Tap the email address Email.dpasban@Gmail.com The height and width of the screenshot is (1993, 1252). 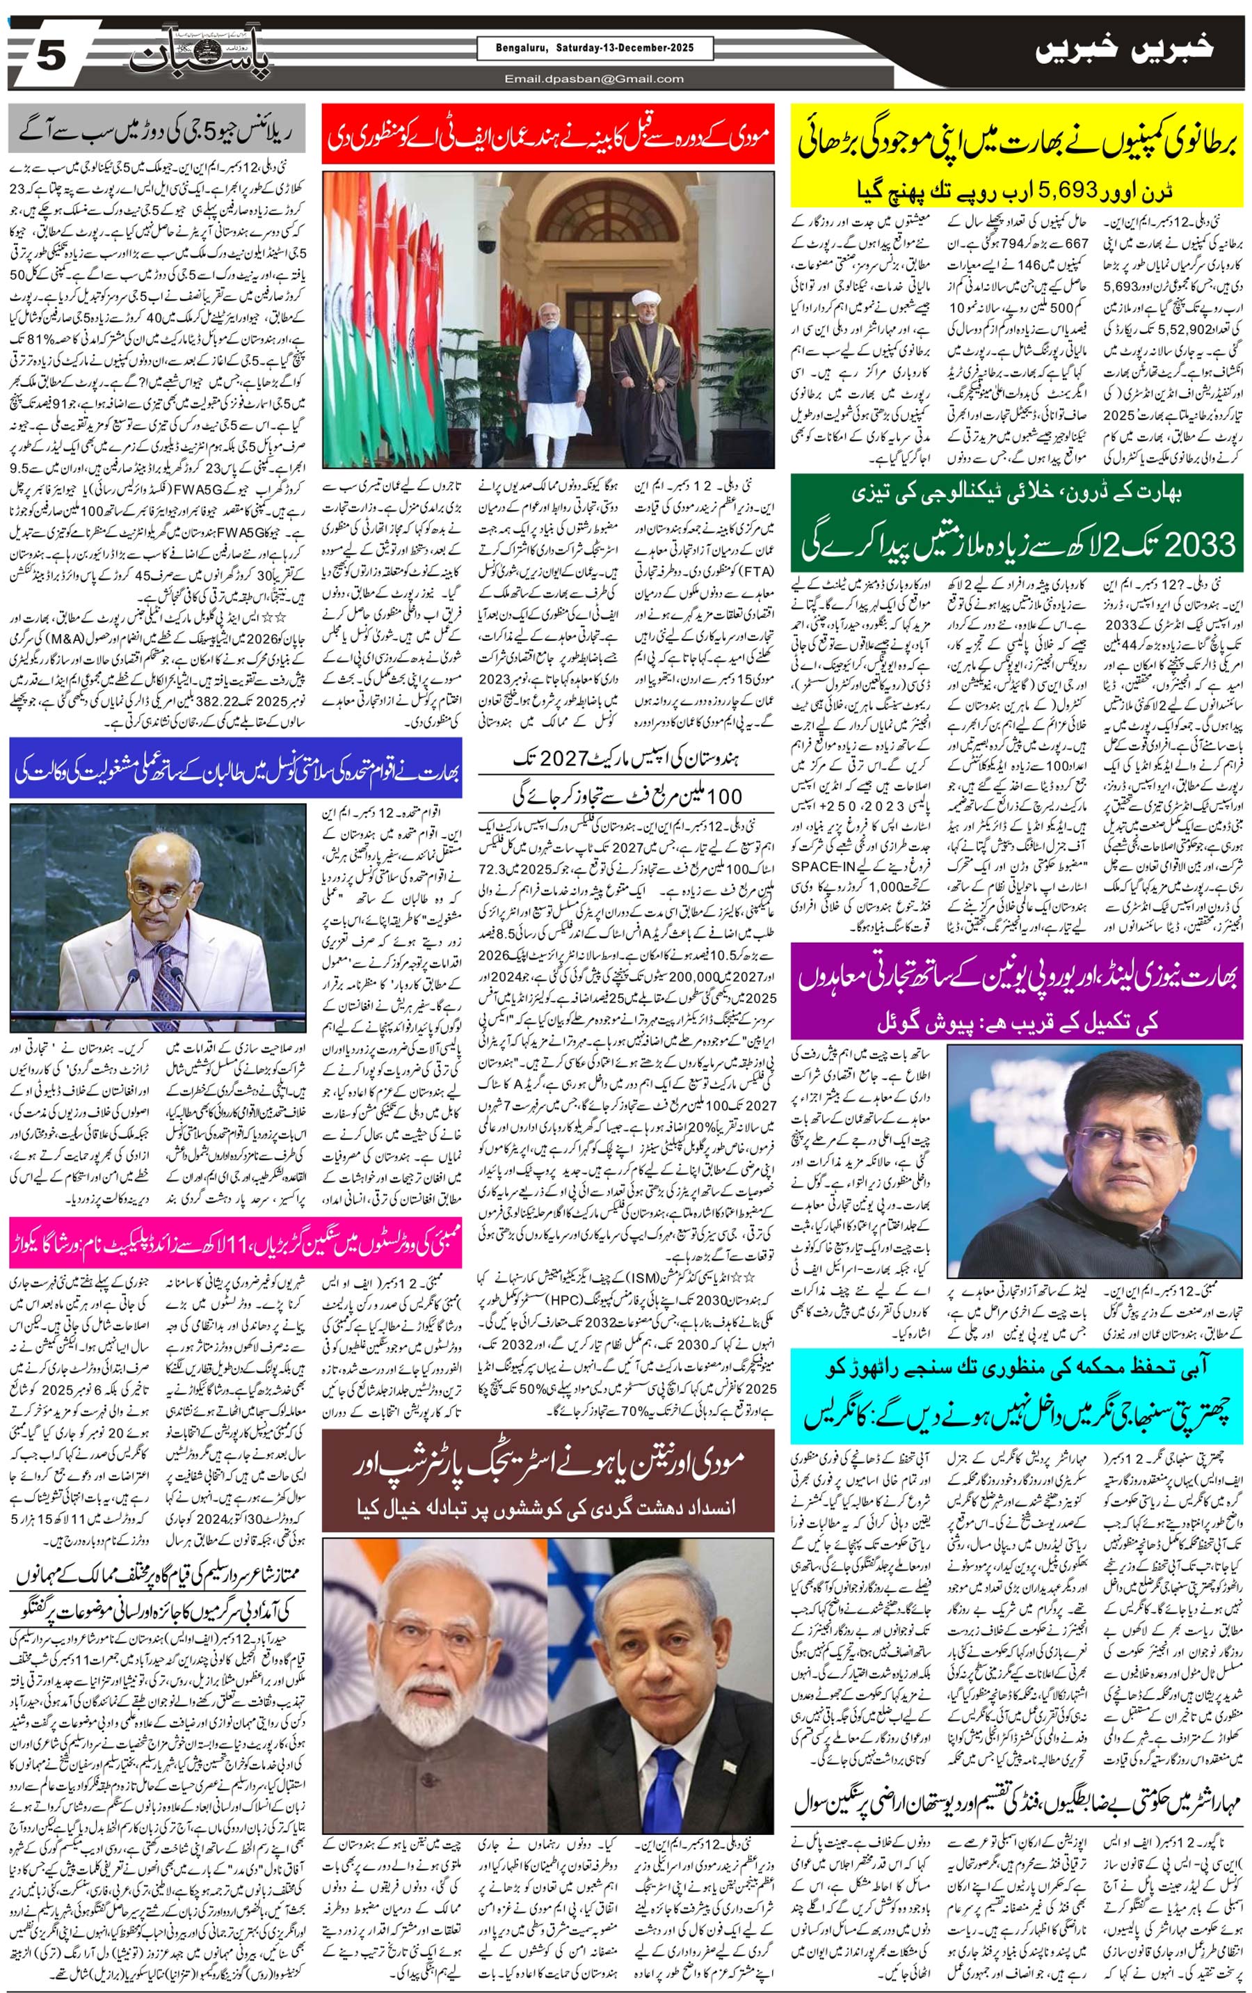point(595,79)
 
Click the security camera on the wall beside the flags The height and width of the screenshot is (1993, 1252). point(488,246)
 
